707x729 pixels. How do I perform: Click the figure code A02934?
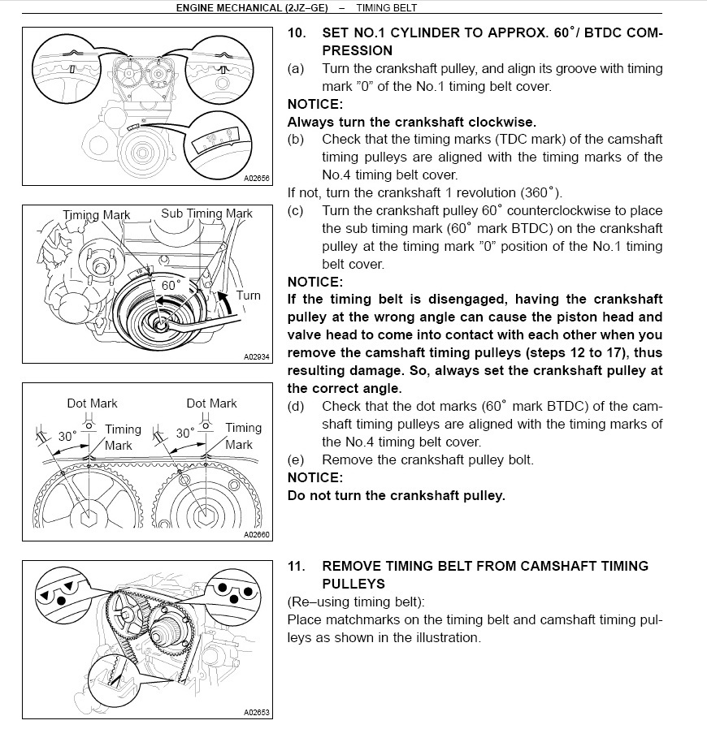click(256, 356)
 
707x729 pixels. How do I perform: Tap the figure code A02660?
click(256, 535)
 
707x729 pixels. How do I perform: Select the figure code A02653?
click(256, 713)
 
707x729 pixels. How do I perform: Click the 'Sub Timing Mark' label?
click(206, 214)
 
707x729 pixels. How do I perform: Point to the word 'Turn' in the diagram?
click(249, 295)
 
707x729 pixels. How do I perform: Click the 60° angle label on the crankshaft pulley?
click(170, 286)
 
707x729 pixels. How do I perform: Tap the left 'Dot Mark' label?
click(92, 403)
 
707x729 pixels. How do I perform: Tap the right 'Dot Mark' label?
click(211, 403)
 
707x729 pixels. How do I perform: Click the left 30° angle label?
click(67, 436)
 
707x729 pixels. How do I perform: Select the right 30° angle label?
click(186, 434)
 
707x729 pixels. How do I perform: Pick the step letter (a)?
click(296, 69)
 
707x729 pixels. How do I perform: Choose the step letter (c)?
click(296, 211)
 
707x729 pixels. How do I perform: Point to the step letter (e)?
click(296, 459)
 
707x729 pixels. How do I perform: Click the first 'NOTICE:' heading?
click(314, 105)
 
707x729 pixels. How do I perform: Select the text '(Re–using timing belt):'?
click(356, 602)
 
